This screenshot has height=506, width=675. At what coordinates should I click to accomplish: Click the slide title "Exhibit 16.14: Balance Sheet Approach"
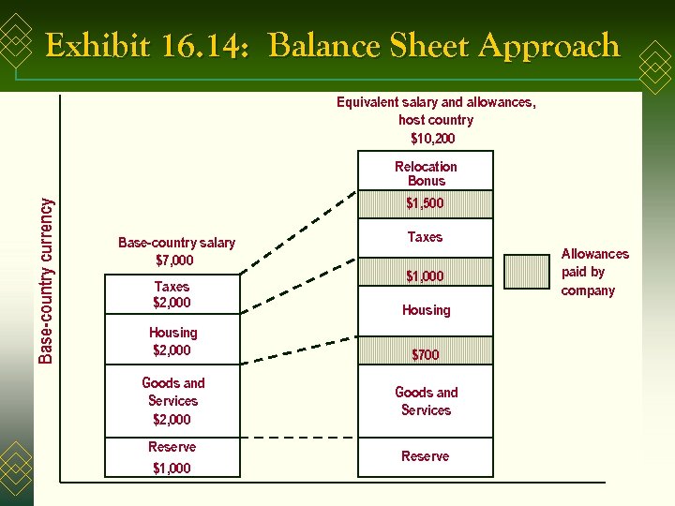(x=332, y=45)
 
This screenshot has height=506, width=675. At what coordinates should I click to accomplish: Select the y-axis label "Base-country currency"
(x=46, y=278)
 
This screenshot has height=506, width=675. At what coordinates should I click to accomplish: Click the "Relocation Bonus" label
(x=426, y=173)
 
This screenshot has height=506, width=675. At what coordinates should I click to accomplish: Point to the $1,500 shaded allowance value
(x=426, y=203)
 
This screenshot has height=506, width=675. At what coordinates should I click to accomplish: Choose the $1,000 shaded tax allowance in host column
(x=426, y=275)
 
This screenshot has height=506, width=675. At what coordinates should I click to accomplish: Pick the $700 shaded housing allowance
(x=426, y=354)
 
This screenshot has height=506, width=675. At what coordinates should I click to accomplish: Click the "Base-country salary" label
(x=176, y=243)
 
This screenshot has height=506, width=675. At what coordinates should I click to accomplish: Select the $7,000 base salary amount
(x=174, y=260)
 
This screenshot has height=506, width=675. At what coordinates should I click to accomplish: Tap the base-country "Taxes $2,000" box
(x=172, y=294)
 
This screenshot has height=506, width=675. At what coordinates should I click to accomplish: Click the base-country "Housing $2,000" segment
(x=172, y=341)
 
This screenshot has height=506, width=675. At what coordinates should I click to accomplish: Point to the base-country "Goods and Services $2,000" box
(x=172, y=400)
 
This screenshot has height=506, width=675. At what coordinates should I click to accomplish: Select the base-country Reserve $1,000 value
(x=172, y=468)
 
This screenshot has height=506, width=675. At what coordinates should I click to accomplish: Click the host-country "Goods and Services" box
(x=426, y=401)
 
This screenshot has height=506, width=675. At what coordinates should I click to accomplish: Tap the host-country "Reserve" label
(x=426, y=456)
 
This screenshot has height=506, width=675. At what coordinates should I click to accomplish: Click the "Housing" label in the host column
(x=427, y=310)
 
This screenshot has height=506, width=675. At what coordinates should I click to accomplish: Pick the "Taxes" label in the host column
(x=425, y=237)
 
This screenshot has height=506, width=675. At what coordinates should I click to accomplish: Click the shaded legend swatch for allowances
(x=526, y=271)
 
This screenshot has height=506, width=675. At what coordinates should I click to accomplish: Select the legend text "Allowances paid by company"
(x=594, y=272)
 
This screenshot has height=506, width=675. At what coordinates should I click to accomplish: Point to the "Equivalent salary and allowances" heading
(x=436, y=102)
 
